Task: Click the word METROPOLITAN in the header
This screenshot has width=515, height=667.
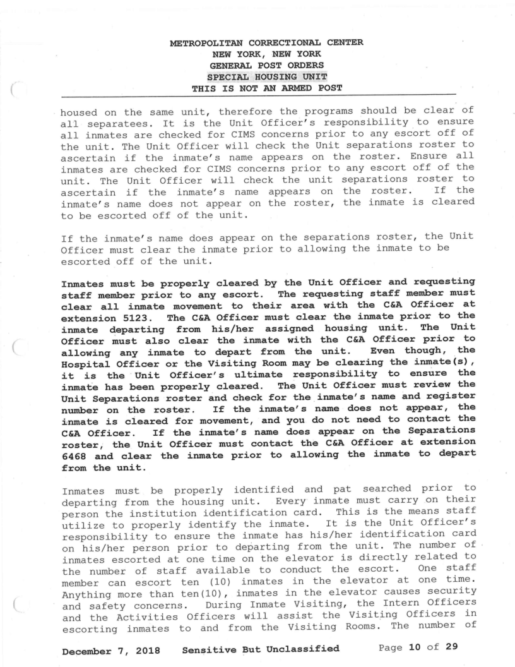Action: pos(203,44)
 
